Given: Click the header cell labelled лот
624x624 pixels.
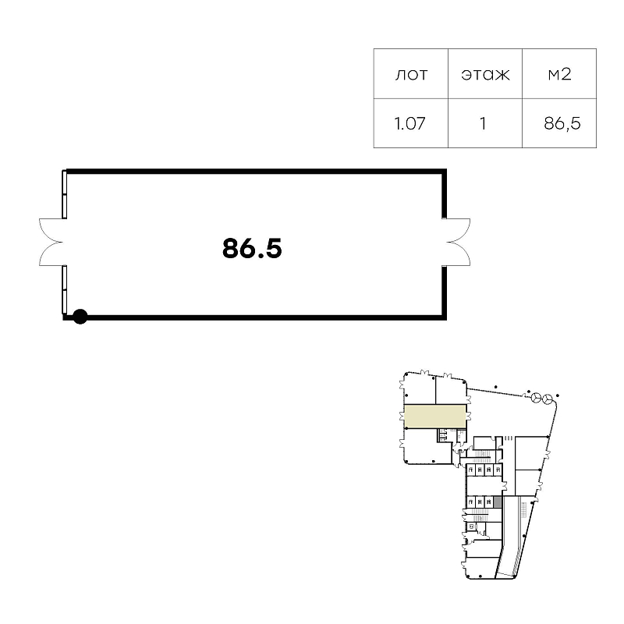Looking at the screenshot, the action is [411, 74].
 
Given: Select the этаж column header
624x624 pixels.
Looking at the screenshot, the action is [485, 74].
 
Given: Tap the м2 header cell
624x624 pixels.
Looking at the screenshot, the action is [559, 74].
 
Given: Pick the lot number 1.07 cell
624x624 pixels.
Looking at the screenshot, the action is [410, 123].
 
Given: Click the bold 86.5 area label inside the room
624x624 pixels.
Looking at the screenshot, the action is [252, 248].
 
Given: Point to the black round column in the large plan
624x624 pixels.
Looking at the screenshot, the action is [80, 317].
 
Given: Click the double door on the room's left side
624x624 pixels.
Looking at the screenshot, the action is [51, 242].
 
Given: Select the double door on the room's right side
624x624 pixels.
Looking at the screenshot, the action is [458, 242].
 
